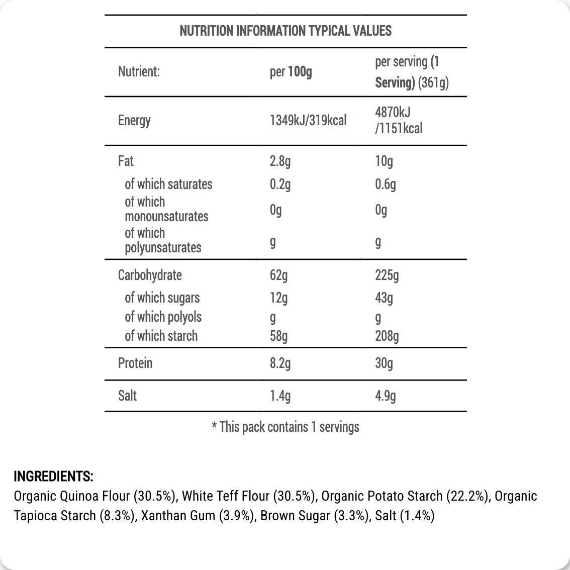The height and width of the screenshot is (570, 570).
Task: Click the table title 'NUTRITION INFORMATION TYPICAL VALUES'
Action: [x=285, y=31]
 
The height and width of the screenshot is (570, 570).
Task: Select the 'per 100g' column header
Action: [x=291, y=72]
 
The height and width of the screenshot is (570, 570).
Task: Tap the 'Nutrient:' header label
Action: [x=139, y=71]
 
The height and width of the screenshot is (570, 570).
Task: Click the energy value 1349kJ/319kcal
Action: [x=308, y=120]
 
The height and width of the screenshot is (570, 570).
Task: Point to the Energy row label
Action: [x=134, y=120]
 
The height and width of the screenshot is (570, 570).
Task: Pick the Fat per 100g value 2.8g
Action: [x=280, y=161]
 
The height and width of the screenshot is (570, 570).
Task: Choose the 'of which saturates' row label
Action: [x=168, y=184]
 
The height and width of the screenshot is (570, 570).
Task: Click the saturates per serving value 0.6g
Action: [x=385, y=184]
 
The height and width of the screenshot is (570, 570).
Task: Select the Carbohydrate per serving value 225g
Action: [x=387, y=275]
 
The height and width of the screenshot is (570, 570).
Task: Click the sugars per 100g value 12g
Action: [x=278, y=298]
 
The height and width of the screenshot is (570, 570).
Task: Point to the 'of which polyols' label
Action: [x=163, y=317]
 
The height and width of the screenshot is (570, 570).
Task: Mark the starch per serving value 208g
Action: [x=387, y=336]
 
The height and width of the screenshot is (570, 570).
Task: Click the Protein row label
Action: [x=135, y=363]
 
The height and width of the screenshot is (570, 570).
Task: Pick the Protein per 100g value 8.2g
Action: [x=280, y=363]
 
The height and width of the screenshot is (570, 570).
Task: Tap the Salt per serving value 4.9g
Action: [x=385, y=396]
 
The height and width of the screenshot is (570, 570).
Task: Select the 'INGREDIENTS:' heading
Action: [x=53, y=476]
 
